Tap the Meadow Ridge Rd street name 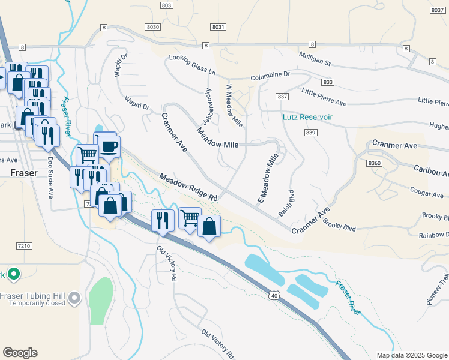[x=188, y=187]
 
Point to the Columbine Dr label [x=270, y=74]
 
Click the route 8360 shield [x=375, y=163]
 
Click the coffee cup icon [x=109, y=147]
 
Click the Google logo [x=20, y=353]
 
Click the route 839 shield [x=310, y=133]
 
